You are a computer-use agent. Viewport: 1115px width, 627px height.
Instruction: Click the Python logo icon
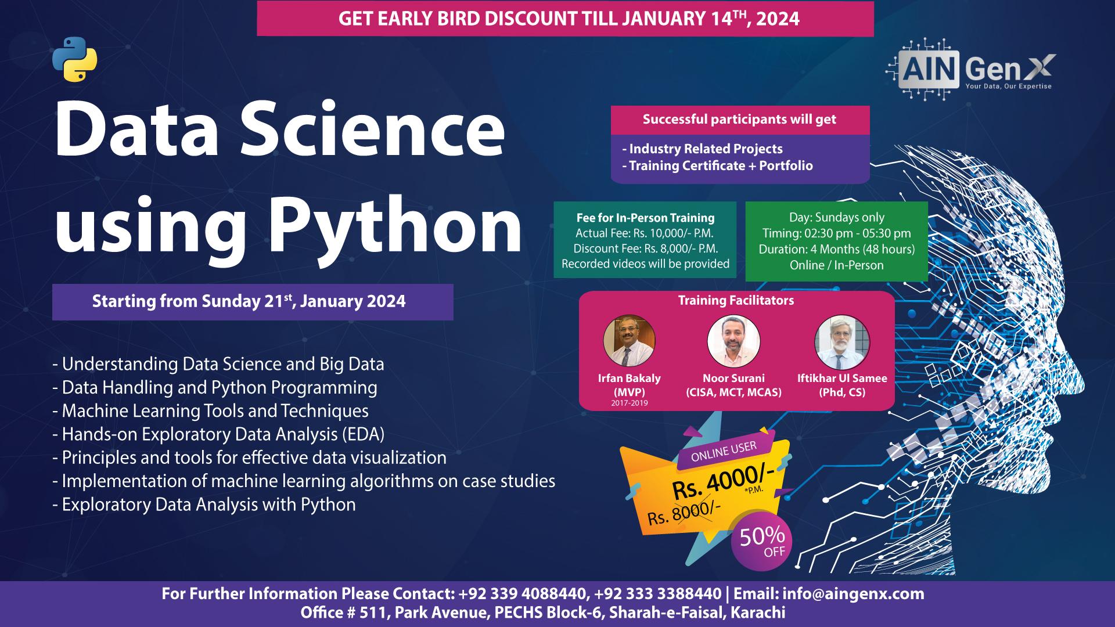(x=75, y=59)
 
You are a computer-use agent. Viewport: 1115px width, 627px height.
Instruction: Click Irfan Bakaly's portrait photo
(x=630, y=341)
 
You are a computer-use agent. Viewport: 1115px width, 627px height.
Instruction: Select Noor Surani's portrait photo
(x=734, y=341)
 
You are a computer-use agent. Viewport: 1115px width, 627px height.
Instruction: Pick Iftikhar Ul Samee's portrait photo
(x=842, y=341)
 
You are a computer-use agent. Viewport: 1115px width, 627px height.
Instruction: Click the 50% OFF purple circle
(x=761, y=542)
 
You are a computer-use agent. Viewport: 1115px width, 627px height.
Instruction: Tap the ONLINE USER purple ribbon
(x=724, y=450)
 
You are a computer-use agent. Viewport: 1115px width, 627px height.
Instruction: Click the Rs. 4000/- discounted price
(x=723, y=482)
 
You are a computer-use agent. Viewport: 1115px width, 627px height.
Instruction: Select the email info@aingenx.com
(x=854, y=594)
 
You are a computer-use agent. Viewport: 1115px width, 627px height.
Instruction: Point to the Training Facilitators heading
(x=736, y=300)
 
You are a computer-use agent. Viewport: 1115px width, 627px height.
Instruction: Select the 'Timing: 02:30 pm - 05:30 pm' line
(x=836, y=233)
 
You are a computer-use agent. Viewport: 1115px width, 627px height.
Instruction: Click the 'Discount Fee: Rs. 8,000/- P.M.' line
(x=645, y=248)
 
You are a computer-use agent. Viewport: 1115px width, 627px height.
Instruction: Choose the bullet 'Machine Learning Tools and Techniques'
(x=210, y=411)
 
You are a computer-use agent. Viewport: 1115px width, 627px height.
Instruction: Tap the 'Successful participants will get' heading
(x=739, y=120)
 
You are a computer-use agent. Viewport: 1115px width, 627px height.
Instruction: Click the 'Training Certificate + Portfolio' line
(x=717, y=165)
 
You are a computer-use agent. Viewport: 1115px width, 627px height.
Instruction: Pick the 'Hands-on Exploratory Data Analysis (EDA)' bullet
(x=218, y=434)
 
